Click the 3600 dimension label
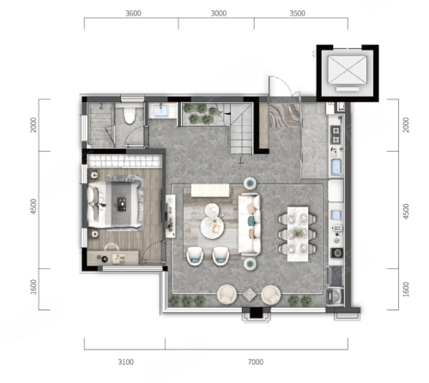point(133,13)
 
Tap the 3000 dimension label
point(219,13)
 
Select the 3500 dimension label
point(298,13)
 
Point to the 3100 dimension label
point(126,362)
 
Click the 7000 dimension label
point(256,362)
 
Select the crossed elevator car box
point(347,70)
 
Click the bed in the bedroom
point(115,203)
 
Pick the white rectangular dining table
point(298,234)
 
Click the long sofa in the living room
point(250,224)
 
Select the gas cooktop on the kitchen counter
point(335,135)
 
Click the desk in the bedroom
point(113,258)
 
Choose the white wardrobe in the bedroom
point(124,161)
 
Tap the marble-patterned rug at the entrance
point(284,115)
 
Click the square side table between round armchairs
point(249,294)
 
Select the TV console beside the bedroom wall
point(171,216)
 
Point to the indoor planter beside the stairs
point(202,114)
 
